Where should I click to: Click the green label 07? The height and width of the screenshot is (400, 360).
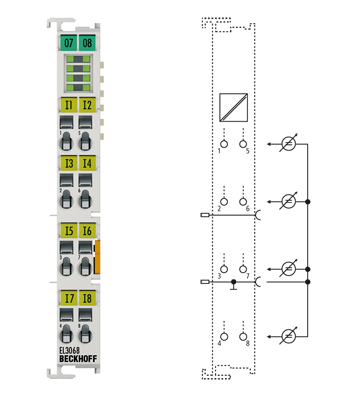[x=68, y=43]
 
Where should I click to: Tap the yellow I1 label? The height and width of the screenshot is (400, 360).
[x=68, y=104]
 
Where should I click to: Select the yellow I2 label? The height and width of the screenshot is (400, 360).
[x=87, y=104]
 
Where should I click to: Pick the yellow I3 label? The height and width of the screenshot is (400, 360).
[x=68, y=163]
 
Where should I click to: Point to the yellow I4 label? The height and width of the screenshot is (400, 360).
[x=87, y=163]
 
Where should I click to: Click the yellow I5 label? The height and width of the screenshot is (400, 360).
[x=68, y=231]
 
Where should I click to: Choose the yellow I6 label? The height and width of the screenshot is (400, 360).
[x=87, y=231]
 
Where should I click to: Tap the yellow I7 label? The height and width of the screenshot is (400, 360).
[x=68, y=297]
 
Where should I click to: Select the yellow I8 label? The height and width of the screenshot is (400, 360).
[x=87, y=297]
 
